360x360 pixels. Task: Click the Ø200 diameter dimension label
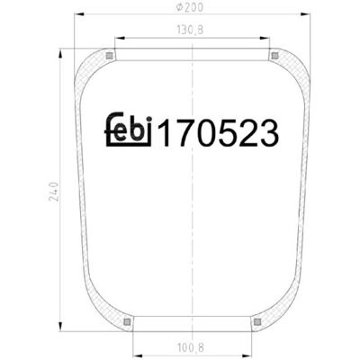(x=190, y=7)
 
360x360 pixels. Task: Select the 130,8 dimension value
(x=190, y=30)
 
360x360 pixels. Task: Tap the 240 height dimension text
(x=53, y=191)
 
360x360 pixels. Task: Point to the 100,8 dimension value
(x=191, y=348)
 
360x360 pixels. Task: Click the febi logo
(x=129, y=130)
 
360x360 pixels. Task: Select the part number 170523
(x=219, y=132)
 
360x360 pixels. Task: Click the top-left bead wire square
(x=110, y=56)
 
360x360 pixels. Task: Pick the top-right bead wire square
(x=274, y=56)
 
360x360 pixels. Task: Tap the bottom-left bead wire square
(x=127, y=322)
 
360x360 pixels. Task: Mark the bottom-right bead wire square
(x=257, y=322)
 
